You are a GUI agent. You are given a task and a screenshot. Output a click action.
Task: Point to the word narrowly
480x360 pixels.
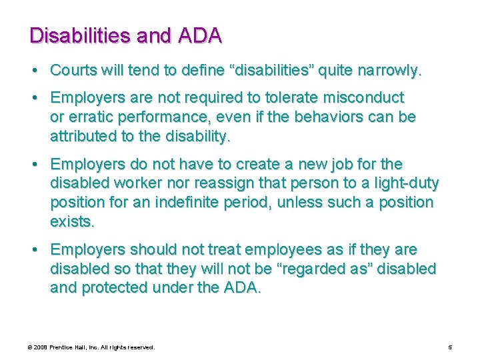[x=388, y=70]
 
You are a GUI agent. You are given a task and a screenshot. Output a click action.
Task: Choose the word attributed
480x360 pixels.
[x=84, y=137]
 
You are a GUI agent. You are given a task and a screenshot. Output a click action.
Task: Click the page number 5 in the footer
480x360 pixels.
[x=451, y=347]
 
